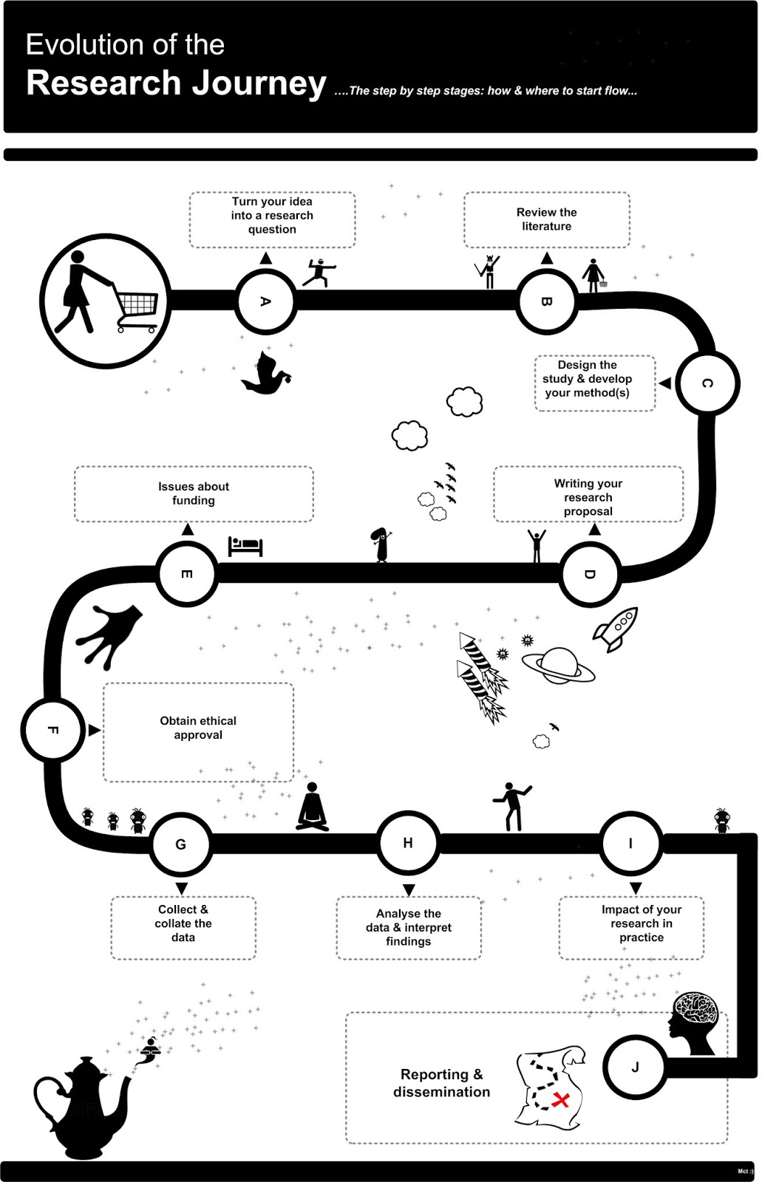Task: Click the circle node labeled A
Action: coord(265,301)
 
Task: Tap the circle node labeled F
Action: coord(52,730)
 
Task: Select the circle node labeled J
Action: coord(635,1067)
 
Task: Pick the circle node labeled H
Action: coord(408,843)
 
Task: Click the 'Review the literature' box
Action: coord(546,219)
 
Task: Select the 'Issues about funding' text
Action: coord(194,493)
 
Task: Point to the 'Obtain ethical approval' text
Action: coord(198,728)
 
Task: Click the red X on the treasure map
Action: coord(561,1100)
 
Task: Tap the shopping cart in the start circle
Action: coord(137,310)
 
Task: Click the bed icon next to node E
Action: coord(245,546)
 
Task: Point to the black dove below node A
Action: coord(265,374)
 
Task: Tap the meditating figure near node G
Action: coord(313,807)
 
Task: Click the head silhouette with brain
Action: coord(695,1022)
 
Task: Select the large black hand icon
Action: coord(110,634)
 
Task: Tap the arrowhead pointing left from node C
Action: coord(665,383)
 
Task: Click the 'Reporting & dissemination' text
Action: coord(441,1083)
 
